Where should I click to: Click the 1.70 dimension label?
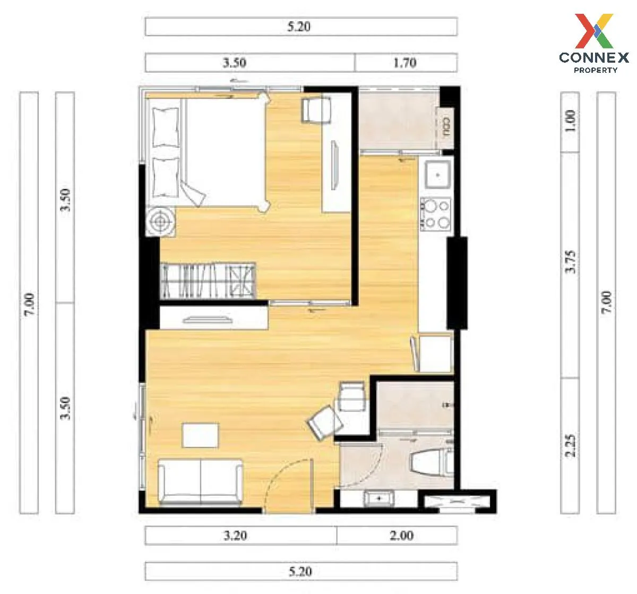coord(405,62)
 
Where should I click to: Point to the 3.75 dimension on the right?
coord(570,262)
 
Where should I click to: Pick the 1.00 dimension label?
coord(570,121)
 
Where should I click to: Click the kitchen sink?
coord(437,174)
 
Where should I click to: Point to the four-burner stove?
coord(436,215)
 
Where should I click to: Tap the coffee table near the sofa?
coord(201,435)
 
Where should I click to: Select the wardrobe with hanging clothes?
coord(208,281)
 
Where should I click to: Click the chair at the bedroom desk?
coord(316,110)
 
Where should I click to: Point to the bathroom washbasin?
coord(379,498)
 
